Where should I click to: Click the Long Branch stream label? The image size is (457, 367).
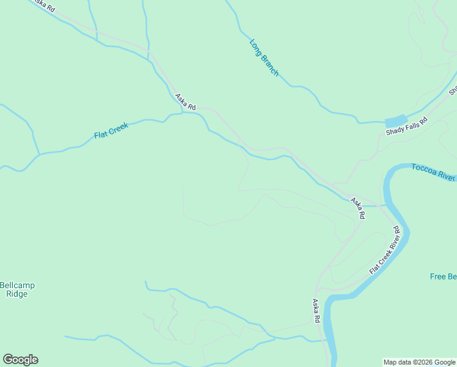click(x=264, y=58)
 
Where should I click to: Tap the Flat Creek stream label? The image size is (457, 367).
click(x=111, y=131)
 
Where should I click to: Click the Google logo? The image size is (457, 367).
click(x=20, y=360)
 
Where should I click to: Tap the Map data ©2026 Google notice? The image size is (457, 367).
click(x=419, y=362)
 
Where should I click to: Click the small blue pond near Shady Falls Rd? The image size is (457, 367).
click(x=395, y=121)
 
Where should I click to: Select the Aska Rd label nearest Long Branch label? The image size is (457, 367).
click(x=185, y=102)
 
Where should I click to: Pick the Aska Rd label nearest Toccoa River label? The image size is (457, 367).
click(x=358, y=208)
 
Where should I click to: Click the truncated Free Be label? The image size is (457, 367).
click(x=443, y=276)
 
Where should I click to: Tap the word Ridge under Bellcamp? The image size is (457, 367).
click(x=17, y=294)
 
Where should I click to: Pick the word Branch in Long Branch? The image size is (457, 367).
click(x=269, y=65)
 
